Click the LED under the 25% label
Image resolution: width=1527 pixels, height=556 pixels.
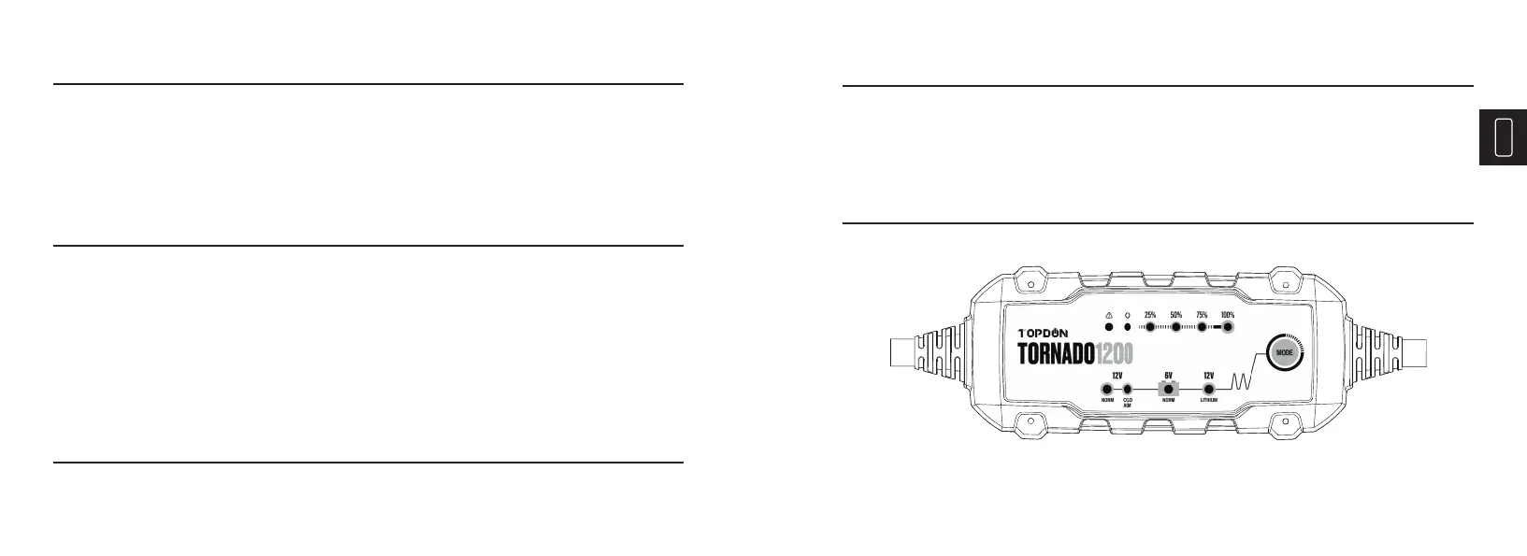(1150, 327)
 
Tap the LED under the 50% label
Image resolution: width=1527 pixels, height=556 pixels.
(1176, 327)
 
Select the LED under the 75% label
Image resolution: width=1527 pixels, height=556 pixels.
(1202, 327)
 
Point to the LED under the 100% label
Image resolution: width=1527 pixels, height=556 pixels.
(1228, 327)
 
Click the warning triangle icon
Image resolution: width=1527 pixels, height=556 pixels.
(1109, 316)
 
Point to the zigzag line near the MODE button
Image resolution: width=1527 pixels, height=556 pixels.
(1241, 381)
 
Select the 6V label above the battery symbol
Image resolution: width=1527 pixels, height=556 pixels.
(1168, 375)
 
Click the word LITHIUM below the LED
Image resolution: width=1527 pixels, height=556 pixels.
(1208, 400)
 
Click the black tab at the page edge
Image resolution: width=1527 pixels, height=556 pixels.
(1503, 137)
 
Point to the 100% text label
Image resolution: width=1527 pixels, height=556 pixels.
(1228, 315)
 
